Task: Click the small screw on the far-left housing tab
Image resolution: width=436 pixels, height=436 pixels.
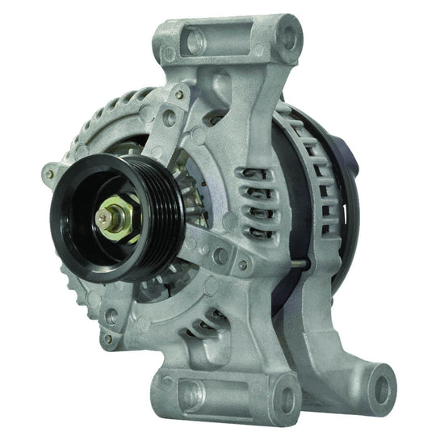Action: coord(50,172)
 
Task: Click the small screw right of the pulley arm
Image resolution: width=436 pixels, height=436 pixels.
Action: coord(241,264)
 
